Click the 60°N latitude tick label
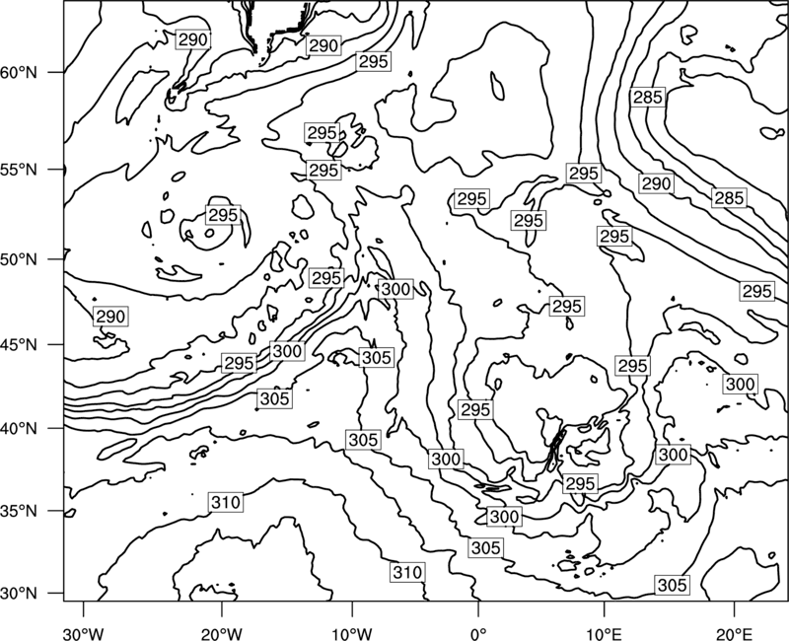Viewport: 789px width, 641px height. (x=19, y=73)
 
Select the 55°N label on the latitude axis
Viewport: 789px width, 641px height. (x=19, y=170)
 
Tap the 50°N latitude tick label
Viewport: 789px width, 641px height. (x=19, y=259)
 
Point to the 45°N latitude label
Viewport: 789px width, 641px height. (x=19, y=345)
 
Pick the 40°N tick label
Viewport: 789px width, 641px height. (x=19, y=429)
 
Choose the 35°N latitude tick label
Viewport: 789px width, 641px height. (x=19, y=511)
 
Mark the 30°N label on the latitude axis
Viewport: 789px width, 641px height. (x=19, y=594)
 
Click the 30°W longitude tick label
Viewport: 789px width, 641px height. (x=84, y=633)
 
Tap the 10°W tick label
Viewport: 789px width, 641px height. (x=352, y=633)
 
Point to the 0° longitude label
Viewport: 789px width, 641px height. (x=478, y=633)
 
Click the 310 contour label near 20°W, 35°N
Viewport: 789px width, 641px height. (x=226, y=502)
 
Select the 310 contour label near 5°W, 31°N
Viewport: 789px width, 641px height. (x=407, y=572)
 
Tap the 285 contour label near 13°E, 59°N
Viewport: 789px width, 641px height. (x=648, y=97)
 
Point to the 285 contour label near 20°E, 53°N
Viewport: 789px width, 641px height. (x=729, y=198)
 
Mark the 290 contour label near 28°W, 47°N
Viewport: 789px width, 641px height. (x=110, y=317)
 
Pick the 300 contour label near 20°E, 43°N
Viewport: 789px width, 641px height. (x=741, y=384)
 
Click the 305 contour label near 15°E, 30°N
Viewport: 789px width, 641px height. (x=673, y=585)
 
